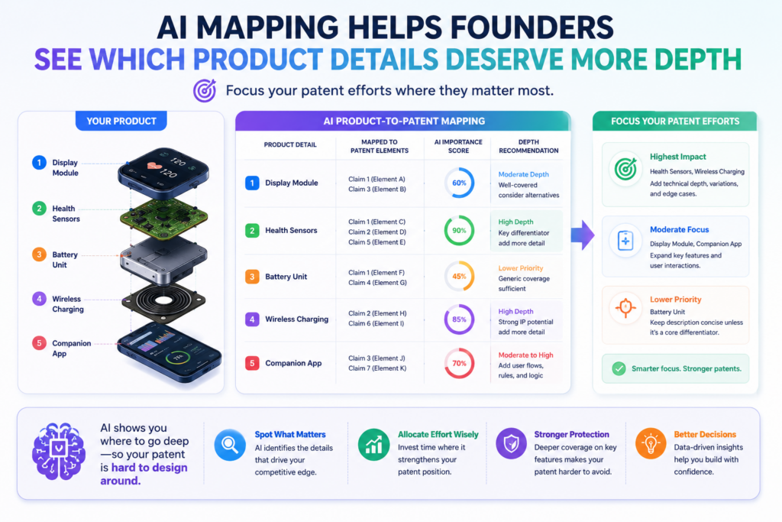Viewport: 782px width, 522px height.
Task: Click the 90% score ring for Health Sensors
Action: (459, 216)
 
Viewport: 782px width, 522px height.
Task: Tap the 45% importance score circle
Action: (459, 261)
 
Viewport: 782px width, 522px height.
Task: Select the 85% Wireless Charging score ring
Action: (459, 305)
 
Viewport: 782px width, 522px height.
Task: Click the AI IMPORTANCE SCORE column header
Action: (458, 146)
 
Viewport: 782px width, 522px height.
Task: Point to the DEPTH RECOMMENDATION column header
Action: (528, 146)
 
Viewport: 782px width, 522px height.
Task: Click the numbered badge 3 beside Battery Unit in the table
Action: (252, 277)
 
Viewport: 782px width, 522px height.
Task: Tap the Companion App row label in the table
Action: (293, 363)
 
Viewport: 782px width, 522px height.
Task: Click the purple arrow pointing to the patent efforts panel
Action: (583, 235)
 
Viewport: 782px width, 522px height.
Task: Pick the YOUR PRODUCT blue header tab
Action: (121, 121)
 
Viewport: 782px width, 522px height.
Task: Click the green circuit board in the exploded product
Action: (163, 218)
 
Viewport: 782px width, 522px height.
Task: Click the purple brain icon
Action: (59, 451)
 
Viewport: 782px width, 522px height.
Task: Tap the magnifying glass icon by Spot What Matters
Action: (230, 444)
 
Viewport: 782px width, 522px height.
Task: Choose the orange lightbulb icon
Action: (651, 443)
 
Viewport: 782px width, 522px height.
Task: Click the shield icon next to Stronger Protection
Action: (511, 443)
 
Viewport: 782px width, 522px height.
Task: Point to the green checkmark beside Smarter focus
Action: (619, 369)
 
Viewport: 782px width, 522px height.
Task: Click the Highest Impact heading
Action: (678, 157)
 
